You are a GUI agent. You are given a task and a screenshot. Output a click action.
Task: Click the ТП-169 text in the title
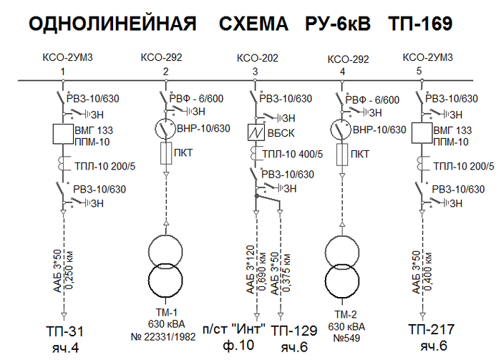(x=420, y=24)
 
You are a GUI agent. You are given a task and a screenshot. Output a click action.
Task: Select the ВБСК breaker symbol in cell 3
(x=256, y=133)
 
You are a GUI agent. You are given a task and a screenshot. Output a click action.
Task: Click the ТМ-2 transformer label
(x=344, y=313)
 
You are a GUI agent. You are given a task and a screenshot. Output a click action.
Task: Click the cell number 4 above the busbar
(x=343, y=72)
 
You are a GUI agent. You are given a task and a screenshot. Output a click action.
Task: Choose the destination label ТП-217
(x=433, y=330)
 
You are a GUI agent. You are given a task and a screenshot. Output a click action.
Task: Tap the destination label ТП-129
(x=294, y=331)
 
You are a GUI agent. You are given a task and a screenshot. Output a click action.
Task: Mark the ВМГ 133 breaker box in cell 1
(x=64, y=134)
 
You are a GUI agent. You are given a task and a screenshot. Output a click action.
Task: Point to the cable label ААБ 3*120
(x=251, y=272)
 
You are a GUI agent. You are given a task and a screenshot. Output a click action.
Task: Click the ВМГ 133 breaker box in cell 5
(x=422, y=134)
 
